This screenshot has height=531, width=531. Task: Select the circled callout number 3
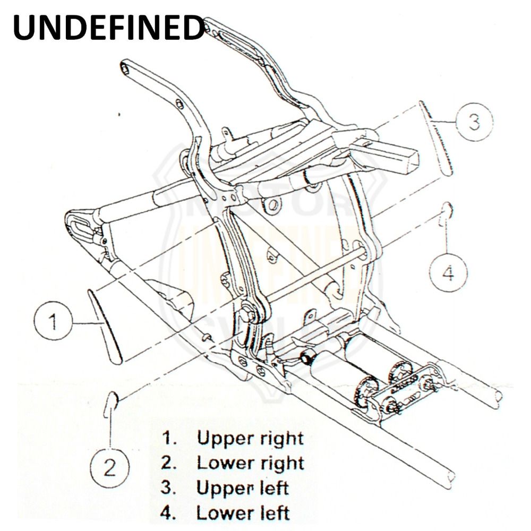[x=474, y=122]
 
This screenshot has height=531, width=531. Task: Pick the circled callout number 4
[x=449, y=273]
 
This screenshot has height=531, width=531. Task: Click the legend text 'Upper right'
[x=250, y=439]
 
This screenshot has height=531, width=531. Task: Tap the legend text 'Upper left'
[x=242, y=487]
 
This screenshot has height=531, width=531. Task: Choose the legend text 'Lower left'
[x=243, y=513]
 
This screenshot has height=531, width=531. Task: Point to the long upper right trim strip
[x=105, y=326]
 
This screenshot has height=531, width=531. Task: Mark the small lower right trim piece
[x=112, y=401]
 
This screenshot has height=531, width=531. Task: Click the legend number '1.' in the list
[x=170, y=439]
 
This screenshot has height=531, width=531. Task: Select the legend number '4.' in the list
[x=169, y=513]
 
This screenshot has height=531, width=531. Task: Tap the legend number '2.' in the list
[x=169, y=463]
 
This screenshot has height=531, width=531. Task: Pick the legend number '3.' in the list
[x=169, y=487]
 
